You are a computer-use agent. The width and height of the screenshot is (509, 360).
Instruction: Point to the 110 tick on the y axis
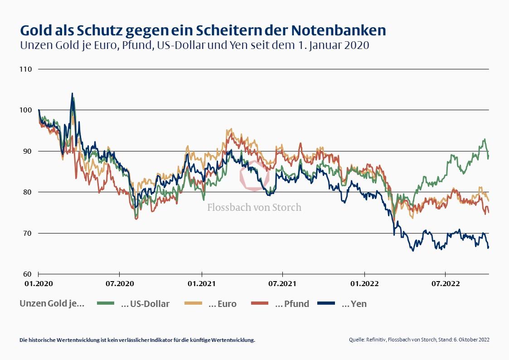[x=26, y=69]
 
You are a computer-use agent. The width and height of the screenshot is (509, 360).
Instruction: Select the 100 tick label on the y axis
[x=26, y=110]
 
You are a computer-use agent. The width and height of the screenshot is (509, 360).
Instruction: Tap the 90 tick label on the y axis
[x=27, y=151]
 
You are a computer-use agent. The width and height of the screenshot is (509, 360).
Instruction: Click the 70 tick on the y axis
[x=27, y=233]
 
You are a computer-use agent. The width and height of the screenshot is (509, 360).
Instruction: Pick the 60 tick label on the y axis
[x=27, y=274]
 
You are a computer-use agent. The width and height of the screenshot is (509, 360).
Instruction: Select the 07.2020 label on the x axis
[x=119, y=284]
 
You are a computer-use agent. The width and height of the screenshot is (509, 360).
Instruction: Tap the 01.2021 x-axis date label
[x=202, y=284]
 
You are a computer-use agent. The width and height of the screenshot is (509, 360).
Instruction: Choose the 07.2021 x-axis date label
[x=282, y=284]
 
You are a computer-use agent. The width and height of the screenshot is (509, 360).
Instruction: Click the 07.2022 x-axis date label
[x=446, y=284]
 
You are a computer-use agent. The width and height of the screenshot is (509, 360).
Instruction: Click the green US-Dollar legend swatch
[x=106, y=303]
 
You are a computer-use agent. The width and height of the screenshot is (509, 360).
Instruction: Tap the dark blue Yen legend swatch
[x=326, y=303]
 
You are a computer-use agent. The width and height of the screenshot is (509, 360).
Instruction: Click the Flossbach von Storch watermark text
[x=254, y=208]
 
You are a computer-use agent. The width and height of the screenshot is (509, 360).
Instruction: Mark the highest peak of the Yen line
[x=72, y=94]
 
